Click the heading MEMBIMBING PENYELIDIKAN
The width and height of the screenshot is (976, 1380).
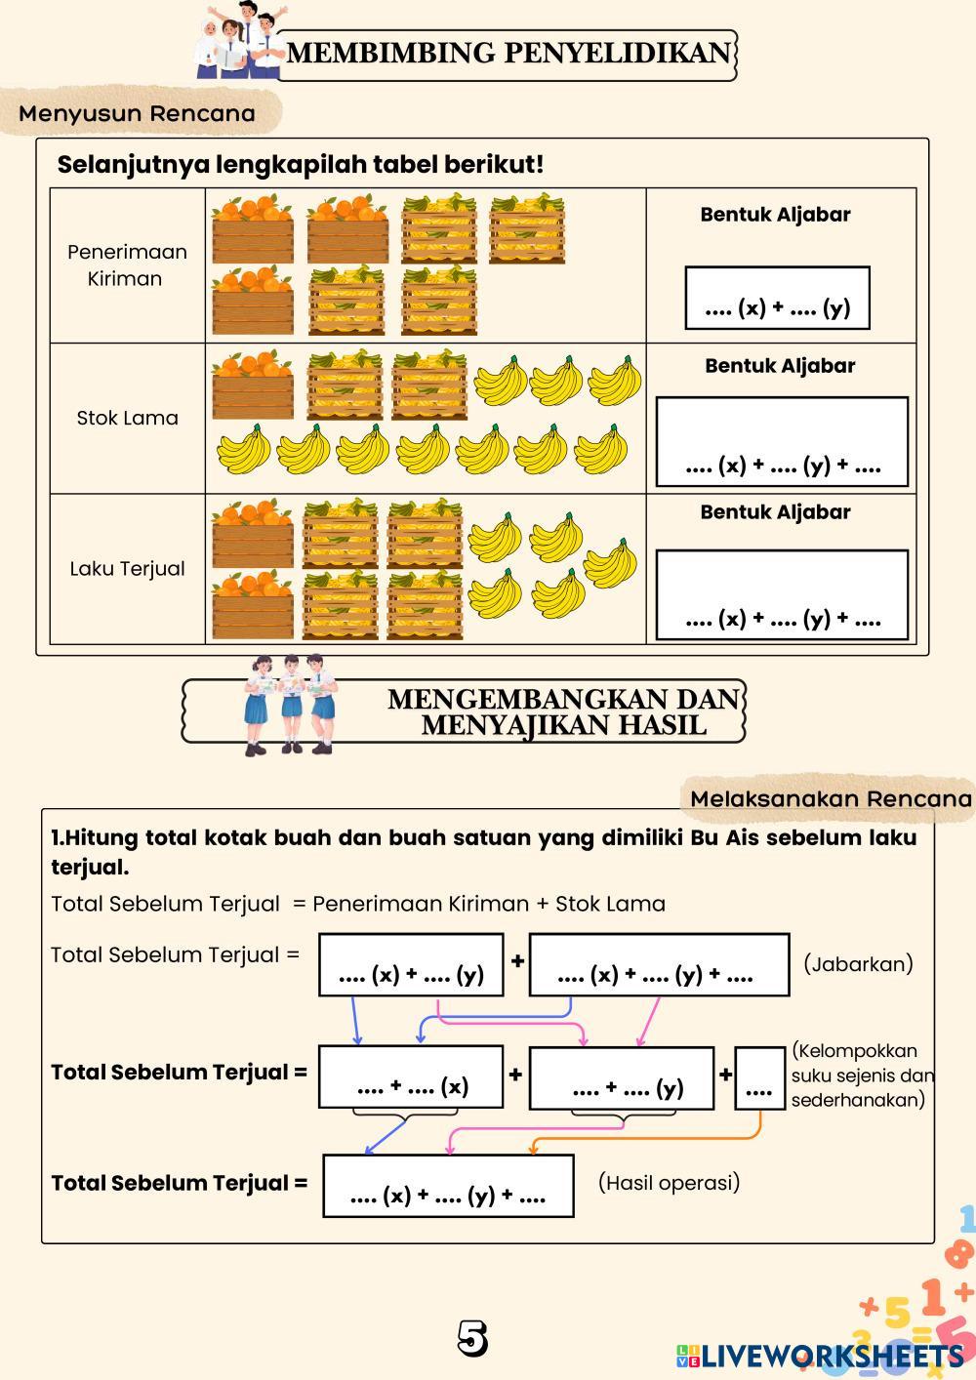508,53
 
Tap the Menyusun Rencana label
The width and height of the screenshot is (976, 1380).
137,113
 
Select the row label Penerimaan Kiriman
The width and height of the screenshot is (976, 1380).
127,264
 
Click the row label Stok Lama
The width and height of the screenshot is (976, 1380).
127,418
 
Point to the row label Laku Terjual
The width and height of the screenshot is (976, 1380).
127,568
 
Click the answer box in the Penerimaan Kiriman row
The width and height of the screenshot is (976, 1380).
777,298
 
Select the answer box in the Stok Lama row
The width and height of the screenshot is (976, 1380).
782,441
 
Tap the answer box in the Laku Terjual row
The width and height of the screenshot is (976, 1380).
782,594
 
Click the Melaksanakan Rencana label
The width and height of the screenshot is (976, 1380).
831,799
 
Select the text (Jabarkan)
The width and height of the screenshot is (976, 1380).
858,964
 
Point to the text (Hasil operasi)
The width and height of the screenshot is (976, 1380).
669,1183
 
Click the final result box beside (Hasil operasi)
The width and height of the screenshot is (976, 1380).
448,1186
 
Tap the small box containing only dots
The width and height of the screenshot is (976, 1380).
759,1078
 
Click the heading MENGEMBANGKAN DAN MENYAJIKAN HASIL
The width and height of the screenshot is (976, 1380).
564,712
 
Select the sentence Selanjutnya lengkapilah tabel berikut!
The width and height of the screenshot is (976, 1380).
301,164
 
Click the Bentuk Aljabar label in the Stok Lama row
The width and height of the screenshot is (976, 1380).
780,366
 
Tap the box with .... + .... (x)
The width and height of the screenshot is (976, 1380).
411,1077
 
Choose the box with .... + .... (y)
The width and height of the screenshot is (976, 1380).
622,1078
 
